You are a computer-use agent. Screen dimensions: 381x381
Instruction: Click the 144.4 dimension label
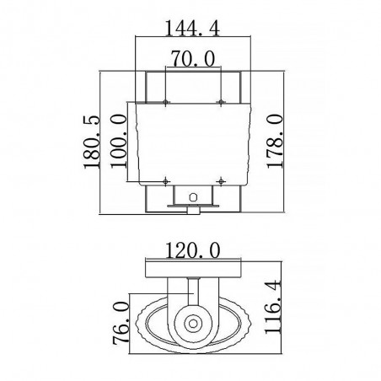[192, 28]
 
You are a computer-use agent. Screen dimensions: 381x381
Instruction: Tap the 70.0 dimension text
[193, 58]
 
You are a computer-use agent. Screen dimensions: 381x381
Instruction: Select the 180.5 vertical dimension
[92, 142]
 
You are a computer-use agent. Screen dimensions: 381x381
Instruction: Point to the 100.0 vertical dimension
[118, 141]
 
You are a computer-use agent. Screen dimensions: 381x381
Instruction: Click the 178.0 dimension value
[274, 141]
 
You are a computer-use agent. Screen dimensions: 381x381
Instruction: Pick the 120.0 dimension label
[193, 250]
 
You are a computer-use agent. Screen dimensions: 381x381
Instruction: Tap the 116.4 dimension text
[272, 307]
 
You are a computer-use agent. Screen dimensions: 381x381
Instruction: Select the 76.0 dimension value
[121, 323]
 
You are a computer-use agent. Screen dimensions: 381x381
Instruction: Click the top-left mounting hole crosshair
[165, 102]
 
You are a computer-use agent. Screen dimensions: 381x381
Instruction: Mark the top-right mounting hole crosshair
[221, 102]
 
